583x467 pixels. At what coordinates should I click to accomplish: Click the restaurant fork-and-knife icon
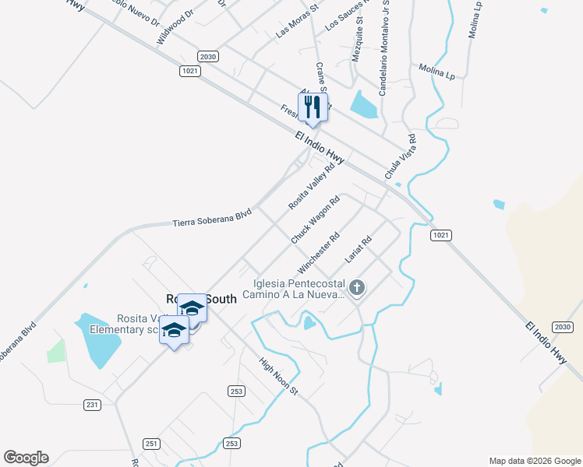pos(313,107)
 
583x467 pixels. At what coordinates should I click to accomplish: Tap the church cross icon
pos(357,289)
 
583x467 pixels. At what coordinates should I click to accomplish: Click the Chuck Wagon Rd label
pos(315,220)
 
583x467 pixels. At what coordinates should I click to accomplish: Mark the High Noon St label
pos(279,375)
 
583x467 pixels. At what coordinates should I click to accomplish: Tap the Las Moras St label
pos(298,23)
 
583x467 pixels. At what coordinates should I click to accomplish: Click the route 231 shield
pos(93,405)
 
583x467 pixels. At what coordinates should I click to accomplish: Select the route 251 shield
pos(151,444)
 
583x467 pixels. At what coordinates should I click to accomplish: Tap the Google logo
pos(26,458)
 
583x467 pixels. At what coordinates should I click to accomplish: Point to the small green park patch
pos(55,351)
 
